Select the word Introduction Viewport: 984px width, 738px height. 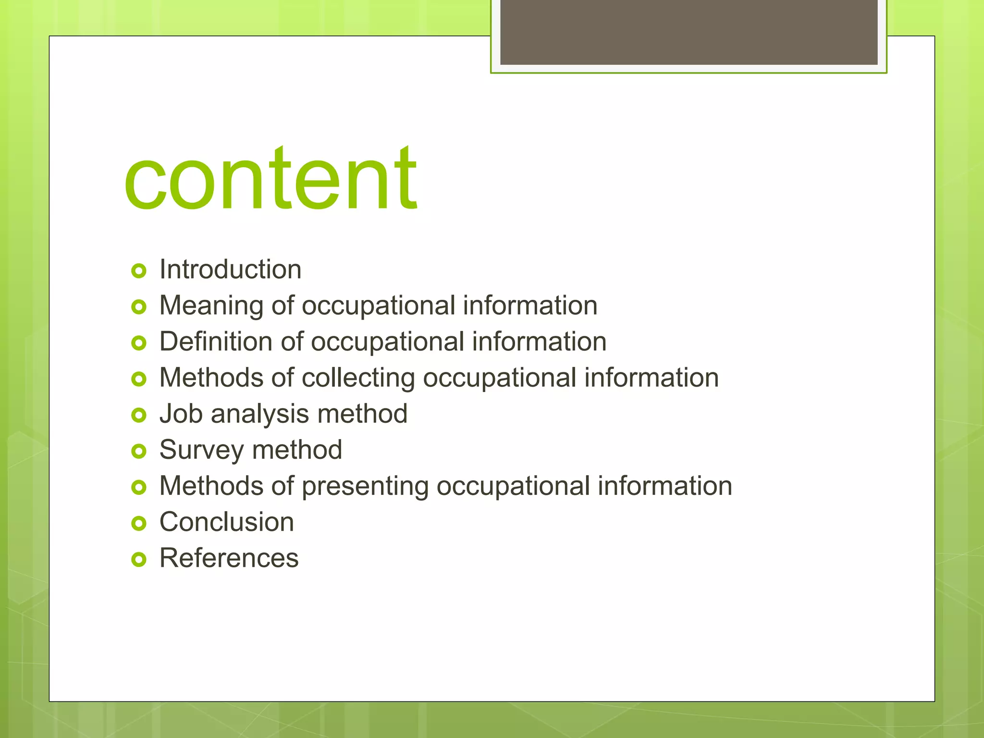[230, 269]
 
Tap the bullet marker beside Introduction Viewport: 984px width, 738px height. [138, 271]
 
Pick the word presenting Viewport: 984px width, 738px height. [365, 486]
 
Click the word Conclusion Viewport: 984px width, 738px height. [226, 522]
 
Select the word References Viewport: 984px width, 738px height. [229, 558]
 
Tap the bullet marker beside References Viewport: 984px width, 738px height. [138, 559]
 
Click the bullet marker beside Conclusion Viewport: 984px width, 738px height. [138, 523]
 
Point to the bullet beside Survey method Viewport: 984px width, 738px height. [138, 451]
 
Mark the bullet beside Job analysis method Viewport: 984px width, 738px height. [138, 415]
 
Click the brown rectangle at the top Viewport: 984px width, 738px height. [689, 32]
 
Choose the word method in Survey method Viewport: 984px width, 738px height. [297, 450]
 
